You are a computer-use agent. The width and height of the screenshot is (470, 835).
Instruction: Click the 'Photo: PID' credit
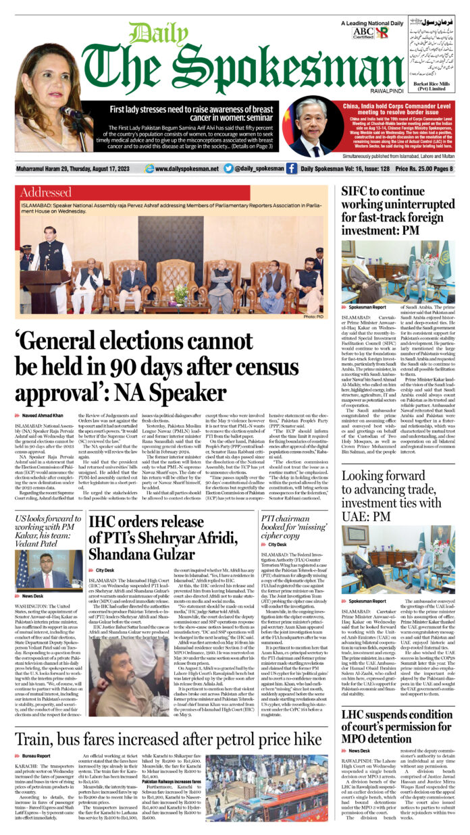[313, 316]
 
